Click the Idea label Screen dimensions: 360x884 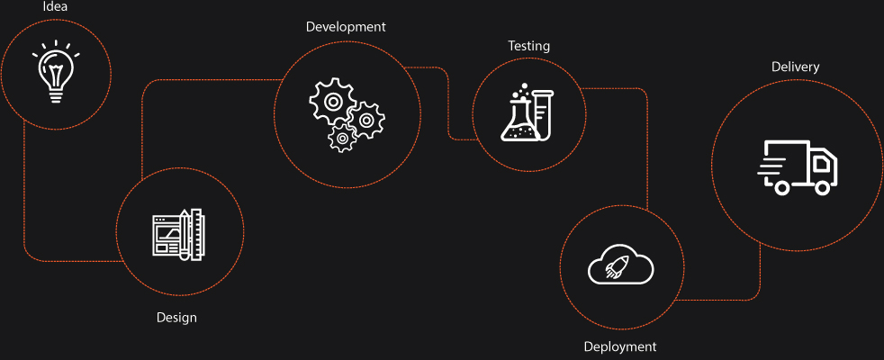(56, 8)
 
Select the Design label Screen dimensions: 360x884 (176, 317)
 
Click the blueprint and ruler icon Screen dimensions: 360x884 (178, 235)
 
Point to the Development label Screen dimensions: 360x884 (346, 27)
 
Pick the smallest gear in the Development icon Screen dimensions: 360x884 (342, 138)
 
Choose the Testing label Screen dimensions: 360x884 (528, 46)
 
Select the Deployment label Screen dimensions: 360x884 (620, 346)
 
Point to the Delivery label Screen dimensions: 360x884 (795, 67)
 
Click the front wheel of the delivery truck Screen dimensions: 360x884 (822, 187)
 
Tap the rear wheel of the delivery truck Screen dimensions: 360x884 (781, 187)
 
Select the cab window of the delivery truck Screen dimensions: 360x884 (821, 163)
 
